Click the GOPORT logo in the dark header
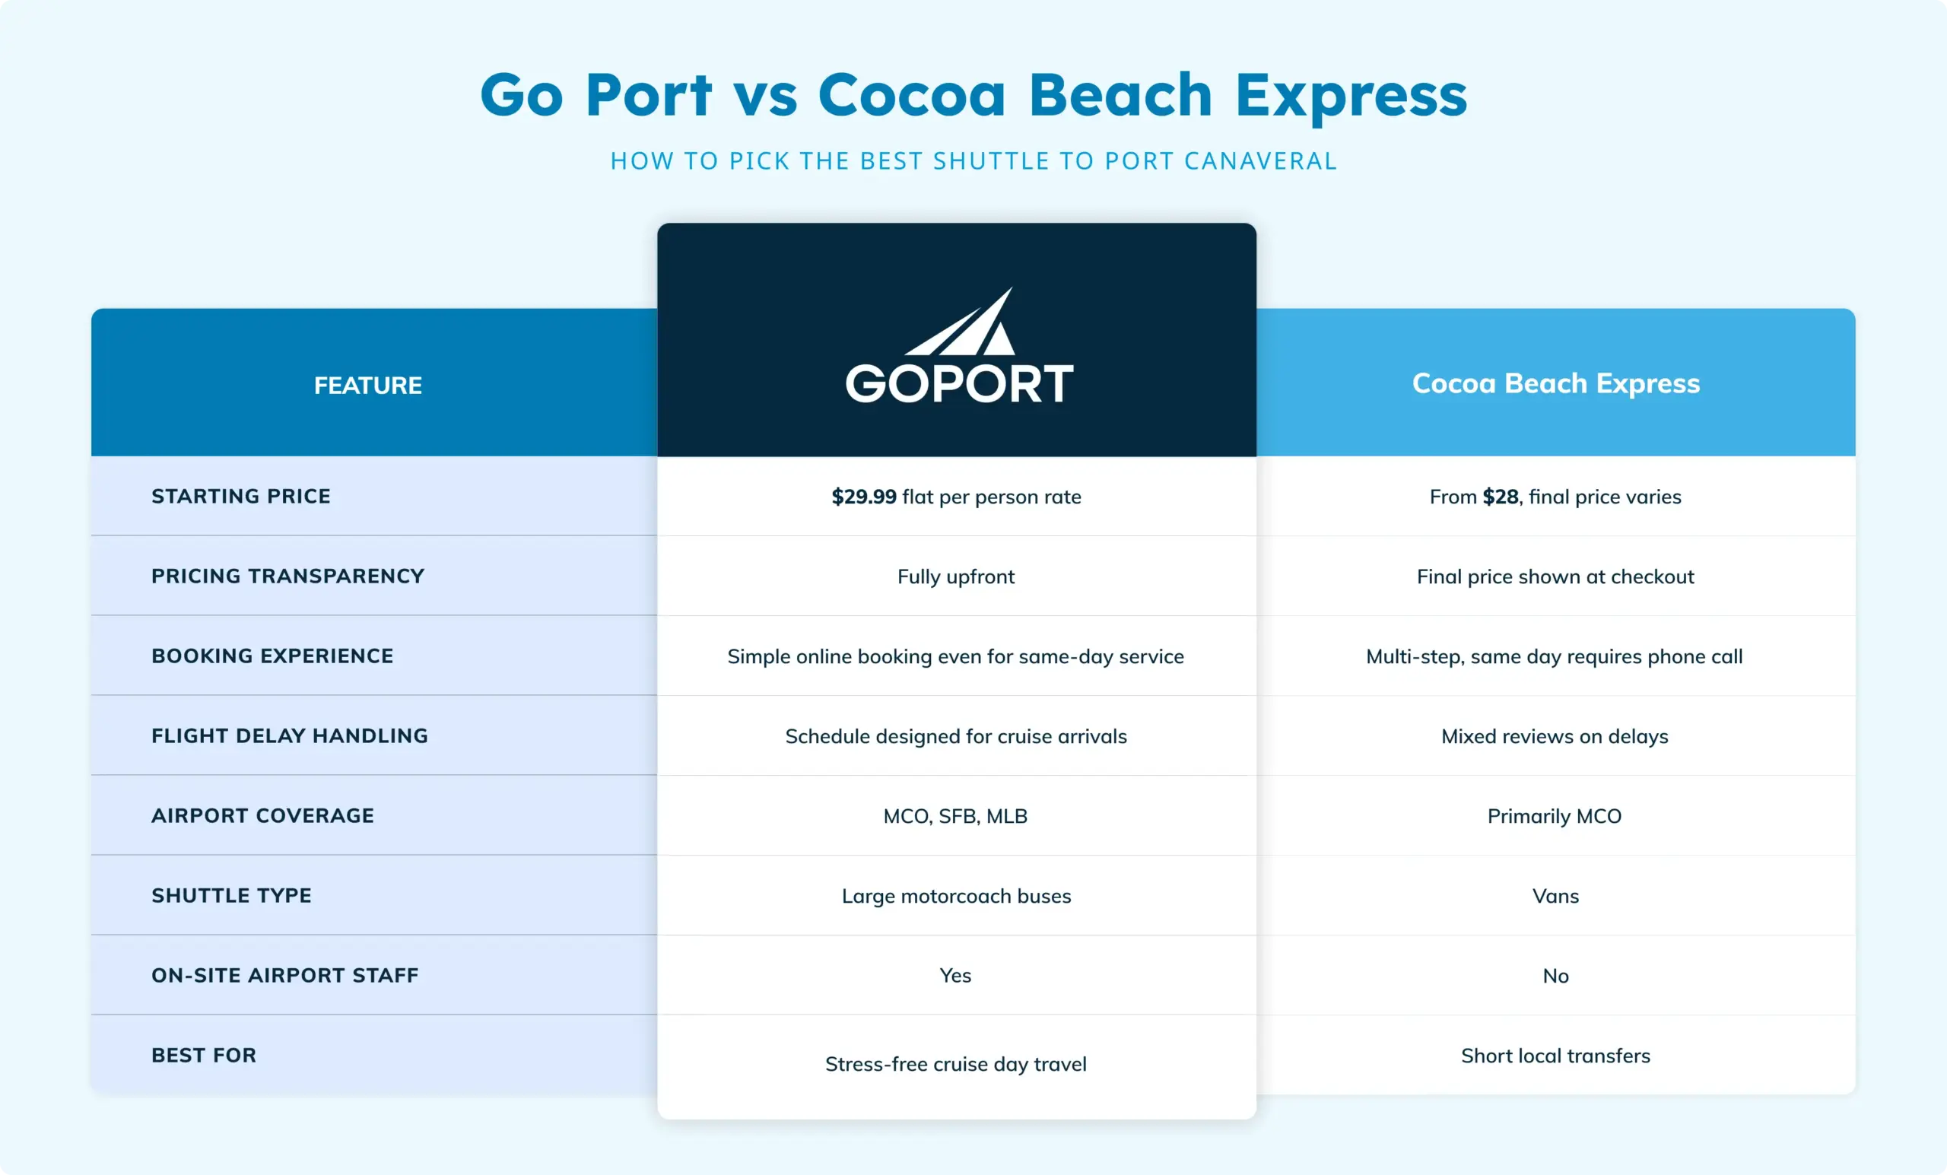pyautogui.click(x=958, y=345)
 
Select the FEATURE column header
pyautogui.click(x=368, y=386)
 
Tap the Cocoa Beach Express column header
pyautogui.click(x=1556, y=383)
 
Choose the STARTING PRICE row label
pyautogui.click(x=241, y=496)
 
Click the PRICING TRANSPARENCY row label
pyautogui.click(x=287, y=576)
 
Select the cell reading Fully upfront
pyautogui.click(x=956, y=576)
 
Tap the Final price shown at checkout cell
pyautogui.click(x=1555, y=576)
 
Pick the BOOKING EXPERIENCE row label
pyautogui.click(x=272, y=656)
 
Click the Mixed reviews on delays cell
pyautogui.click(x=1555, y=736)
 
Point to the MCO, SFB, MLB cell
pyautogui.click(x=955, y=816)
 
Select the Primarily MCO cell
pyautogui.click(x=1555, y=816)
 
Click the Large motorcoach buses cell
pyautogui.click(x=956, y=896)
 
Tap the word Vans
pyautogui.click(x=1555, y=896)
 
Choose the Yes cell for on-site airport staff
pyautogui.click(x=955, y=976)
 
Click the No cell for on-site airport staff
pyautogui.click(x=1555, y=976)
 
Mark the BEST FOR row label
pyautogui.click(x=204, y=1056)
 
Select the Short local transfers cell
pyautogui.click(x=1555, y=1056)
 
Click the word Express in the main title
pyautogui.click(x=1351, y=97)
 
